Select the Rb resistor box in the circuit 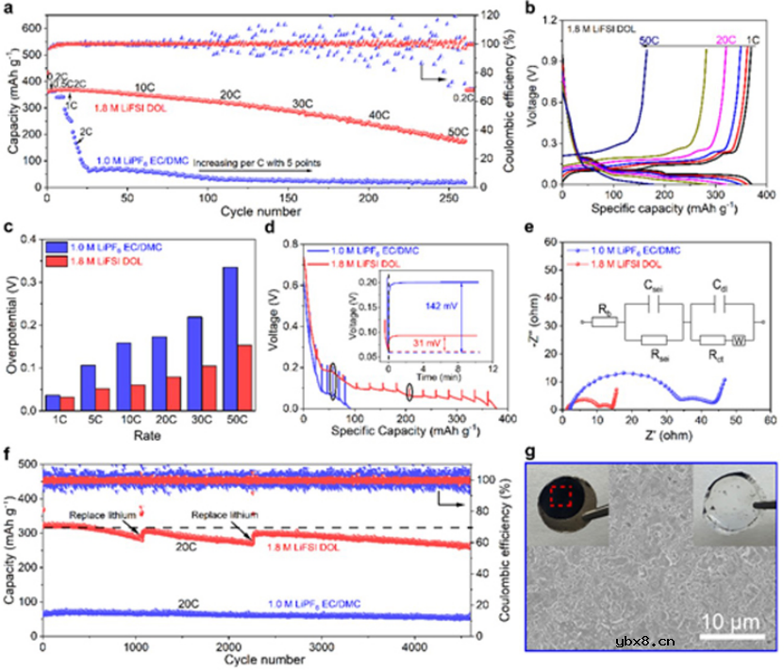605,321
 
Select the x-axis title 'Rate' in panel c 142,436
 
